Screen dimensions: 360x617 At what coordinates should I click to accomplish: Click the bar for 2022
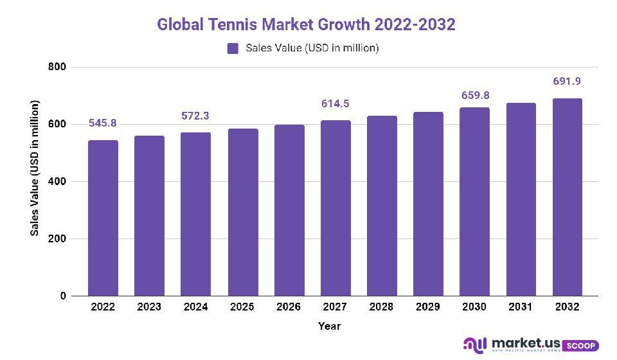click(x=103, y=219)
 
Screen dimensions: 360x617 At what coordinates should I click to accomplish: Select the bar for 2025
click(x=242, y=213)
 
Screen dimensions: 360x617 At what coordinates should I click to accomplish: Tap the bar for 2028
click(x=382, y=206)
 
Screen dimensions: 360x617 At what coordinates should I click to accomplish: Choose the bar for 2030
click(x=474, y=202)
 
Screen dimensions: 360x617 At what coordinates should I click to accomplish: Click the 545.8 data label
click(x=103, y=123)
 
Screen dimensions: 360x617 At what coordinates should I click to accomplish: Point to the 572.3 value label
click(x=195, y=116)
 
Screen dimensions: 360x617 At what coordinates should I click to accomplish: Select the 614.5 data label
click(x=335, y=104)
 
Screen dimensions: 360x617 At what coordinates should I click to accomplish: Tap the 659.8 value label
click(x=474, y=96)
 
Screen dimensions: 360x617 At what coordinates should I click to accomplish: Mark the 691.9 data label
click(x=568, y=82)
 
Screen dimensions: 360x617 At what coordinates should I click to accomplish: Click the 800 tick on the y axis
click(x=57, y=67)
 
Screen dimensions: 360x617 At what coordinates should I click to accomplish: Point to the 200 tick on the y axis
click(x=57, y=239)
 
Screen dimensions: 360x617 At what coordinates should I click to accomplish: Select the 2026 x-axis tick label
click(x=289, y=307)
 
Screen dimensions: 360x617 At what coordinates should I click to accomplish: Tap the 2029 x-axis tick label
click(x=428, y=307)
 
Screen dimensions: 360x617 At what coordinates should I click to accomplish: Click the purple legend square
click(x=233, y=48)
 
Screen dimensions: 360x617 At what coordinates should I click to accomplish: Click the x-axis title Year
click(x=329, y=326)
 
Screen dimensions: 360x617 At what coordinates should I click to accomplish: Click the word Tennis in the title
click(x=229, y=24)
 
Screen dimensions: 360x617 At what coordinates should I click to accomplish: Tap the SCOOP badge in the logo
click(x=582, y=346)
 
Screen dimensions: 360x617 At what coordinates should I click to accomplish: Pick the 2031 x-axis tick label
click(x=521, y=307)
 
